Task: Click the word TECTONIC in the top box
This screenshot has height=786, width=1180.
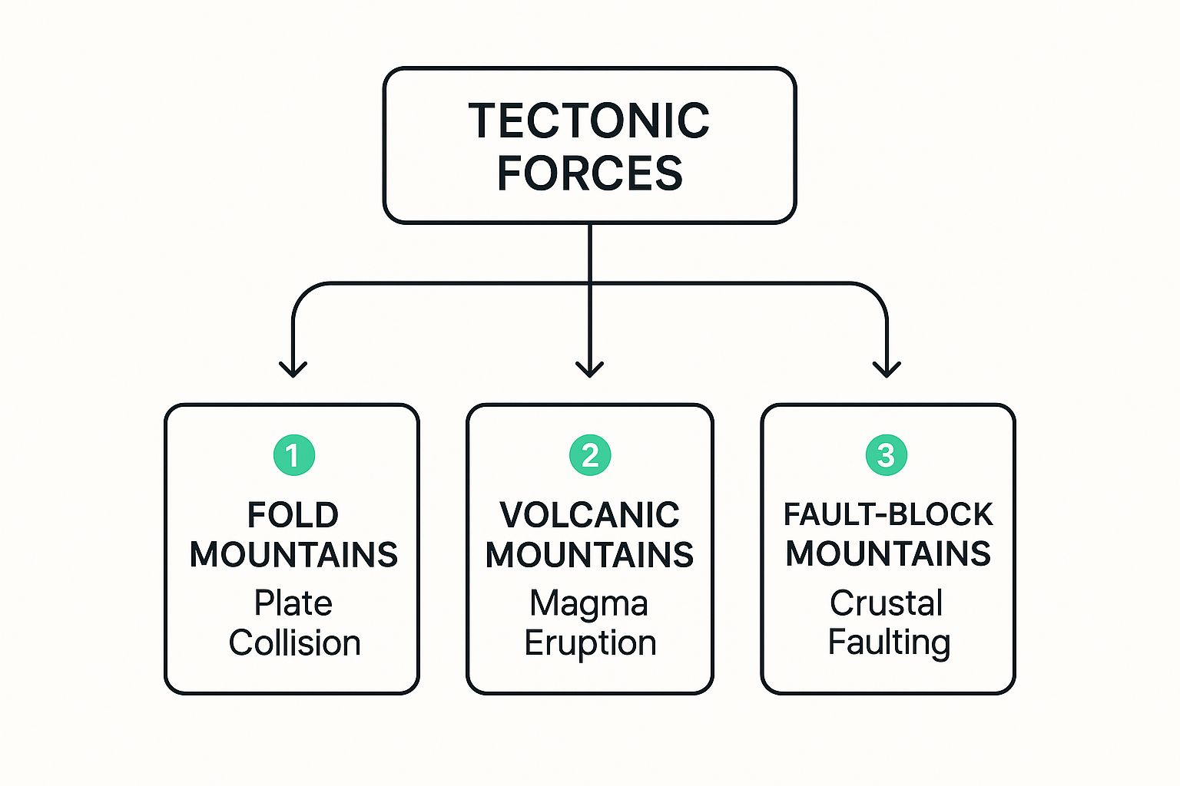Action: [589, 121]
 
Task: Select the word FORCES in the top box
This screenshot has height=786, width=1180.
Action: [589, 173]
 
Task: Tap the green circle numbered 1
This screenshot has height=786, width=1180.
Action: [293, 455]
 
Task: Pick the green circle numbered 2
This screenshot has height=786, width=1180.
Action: [590, 455]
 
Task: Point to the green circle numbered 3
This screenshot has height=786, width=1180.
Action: [887, 455]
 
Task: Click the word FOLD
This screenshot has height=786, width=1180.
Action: [293, 515]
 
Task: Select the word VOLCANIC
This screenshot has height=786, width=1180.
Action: [589, 515]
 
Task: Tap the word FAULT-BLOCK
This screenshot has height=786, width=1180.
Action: [888, 514]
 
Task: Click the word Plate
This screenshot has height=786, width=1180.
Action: [293, 603]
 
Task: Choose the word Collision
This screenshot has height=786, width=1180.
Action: [294, 643]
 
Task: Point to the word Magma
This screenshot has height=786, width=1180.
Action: [588, 604]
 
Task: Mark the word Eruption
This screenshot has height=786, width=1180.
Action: [590, 643]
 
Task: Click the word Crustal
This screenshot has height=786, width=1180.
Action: [886, 603]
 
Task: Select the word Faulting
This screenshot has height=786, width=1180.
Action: [889, 642]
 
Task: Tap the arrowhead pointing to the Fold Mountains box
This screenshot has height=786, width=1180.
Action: [293, 368]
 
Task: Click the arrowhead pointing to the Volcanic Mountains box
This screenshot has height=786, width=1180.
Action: [589, 368]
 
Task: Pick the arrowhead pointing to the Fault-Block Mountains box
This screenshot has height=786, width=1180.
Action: [887, 368]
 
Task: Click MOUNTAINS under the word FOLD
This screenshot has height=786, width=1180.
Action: [293, 555]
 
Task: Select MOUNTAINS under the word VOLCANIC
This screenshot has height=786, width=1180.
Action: [589, 555]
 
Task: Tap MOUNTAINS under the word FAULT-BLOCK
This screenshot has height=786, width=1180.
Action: [888, 553]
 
